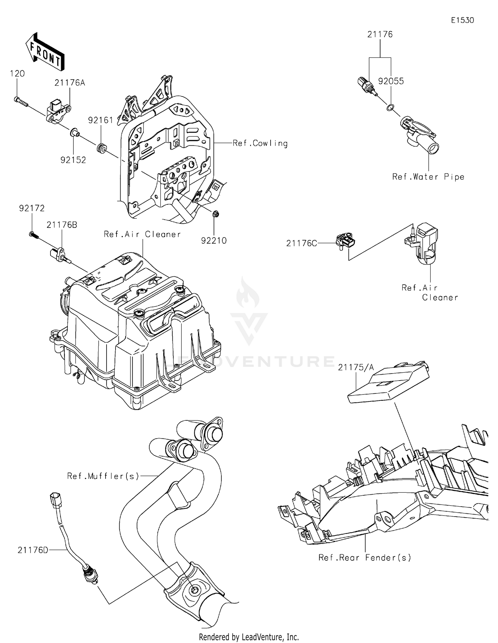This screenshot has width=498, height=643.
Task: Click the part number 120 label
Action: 17,73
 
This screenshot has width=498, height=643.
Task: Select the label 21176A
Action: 70,83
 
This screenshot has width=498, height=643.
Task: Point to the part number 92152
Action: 73,160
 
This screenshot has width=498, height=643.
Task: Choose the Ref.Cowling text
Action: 260,143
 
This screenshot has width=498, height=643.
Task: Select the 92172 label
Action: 32,208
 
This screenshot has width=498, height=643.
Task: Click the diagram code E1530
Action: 462,20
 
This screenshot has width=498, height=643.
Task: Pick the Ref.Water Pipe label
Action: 428,177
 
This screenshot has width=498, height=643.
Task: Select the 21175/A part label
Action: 356,367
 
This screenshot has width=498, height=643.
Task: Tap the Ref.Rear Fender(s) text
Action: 365,558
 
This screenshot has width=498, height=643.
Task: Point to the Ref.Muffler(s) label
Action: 103,476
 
